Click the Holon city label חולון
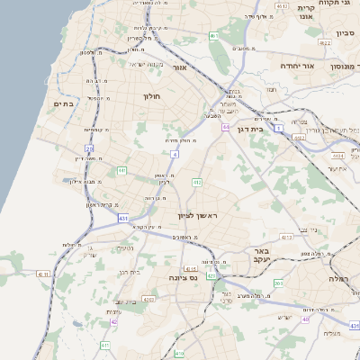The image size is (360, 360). (149, 94)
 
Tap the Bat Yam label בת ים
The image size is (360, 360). (63, 104)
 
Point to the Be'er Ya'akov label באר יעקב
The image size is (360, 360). (262, 256)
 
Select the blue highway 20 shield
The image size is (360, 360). (89, 148)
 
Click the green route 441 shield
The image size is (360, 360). (121, 169)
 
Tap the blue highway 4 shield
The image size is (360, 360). (174, 154)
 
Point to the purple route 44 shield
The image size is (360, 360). (225, 128)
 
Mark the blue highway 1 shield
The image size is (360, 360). (279, 130)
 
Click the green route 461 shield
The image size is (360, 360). (213, 36)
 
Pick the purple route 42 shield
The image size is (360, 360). (113, 321)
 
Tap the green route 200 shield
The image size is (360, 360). (278, 283)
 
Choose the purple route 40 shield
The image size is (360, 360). (306, 319)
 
